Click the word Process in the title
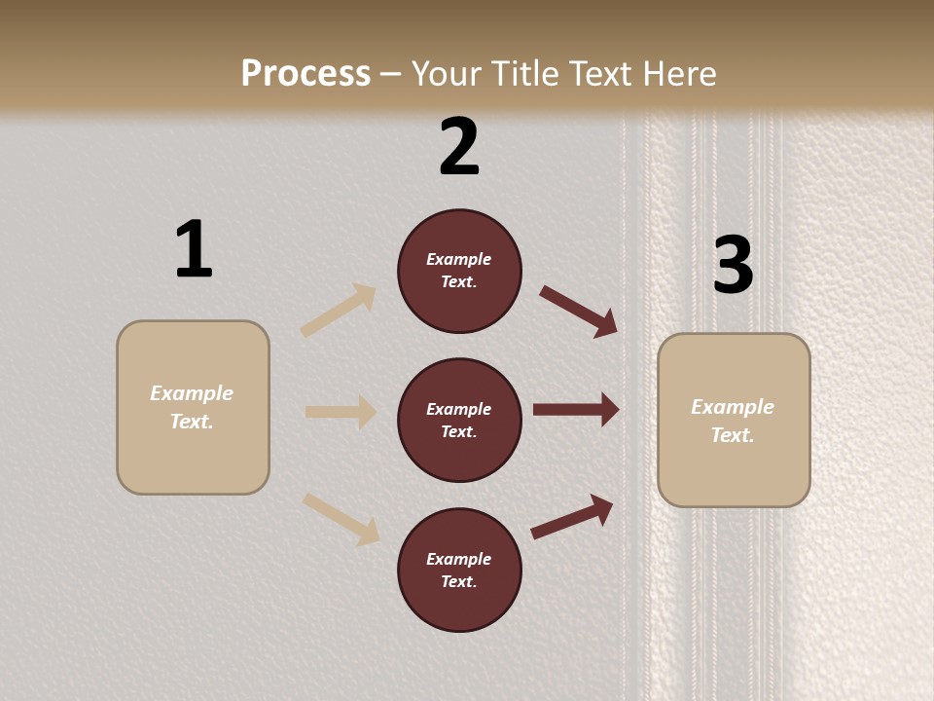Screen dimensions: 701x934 pyautogui.click(x=305, y=74)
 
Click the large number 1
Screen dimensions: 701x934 pyautogui.click(x=194, y=249)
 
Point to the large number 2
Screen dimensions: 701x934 pyautogui.click(x=459, y=147)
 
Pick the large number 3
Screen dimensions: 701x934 pyautogui.click(x=733, y=265)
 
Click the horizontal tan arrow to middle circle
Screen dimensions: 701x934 pyautogui.click(x=341, y=412)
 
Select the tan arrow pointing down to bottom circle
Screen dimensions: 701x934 pyautogui.click(x=341, y=519)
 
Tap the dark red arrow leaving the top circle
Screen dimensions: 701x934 pyautogui.click(x=579, y=311)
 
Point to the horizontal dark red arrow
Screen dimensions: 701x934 pyautogui.click(x=576, y=410)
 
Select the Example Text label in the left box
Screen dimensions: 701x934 pyautogui.click(x=192, y=407)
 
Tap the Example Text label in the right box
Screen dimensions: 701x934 pyautogui.click(x=733, y=421)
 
